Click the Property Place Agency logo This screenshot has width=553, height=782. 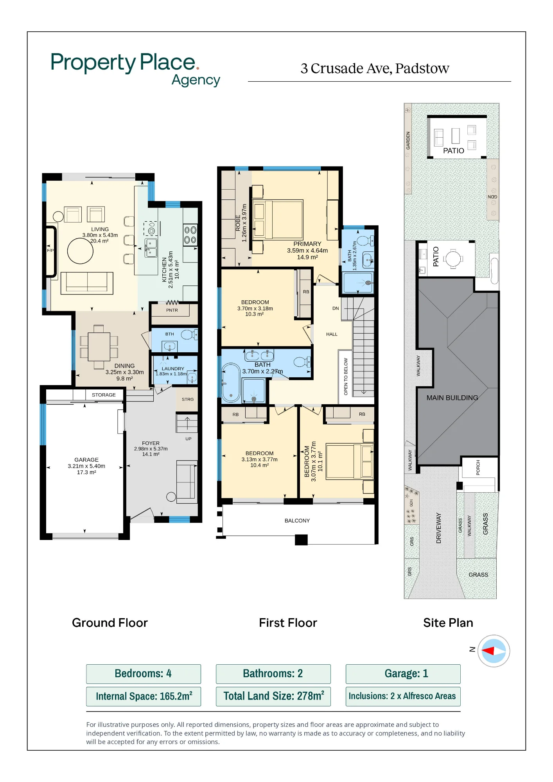click(x=135, y=69)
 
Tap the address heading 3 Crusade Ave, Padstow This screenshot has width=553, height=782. click(x=375, y=68)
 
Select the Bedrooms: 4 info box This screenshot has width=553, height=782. click(x=144, y=674)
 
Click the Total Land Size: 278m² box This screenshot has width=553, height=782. click(x=273, y=696)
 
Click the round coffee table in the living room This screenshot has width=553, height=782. click(x=80, y=251)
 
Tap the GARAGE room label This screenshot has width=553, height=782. click(x=86, y=460)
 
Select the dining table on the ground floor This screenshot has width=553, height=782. click(x=99, y=347)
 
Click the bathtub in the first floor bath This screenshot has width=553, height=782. click(x=231, y=383)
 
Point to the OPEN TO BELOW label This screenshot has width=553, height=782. click(x=346, y=376)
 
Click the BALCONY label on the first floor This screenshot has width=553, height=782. click(x=297, y=520)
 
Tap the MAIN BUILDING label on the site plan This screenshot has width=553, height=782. click(x=452, y=398)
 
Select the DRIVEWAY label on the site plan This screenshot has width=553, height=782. click(x=438, y=528)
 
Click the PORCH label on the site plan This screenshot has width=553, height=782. click(x=478, y=468)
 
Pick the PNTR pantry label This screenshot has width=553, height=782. click(x=172, y=310)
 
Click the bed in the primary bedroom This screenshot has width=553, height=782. click(x=278, y=220)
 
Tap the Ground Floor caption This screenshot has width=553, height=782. click(x=110, y=623)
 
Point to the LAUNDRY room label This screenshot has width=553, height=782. click(x=173, y=369)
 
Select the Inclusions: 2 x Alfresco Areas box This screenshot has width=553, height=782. click(x=403, y=696)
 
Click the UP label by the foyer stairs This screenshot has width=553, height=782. click(x=189, y=439)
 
